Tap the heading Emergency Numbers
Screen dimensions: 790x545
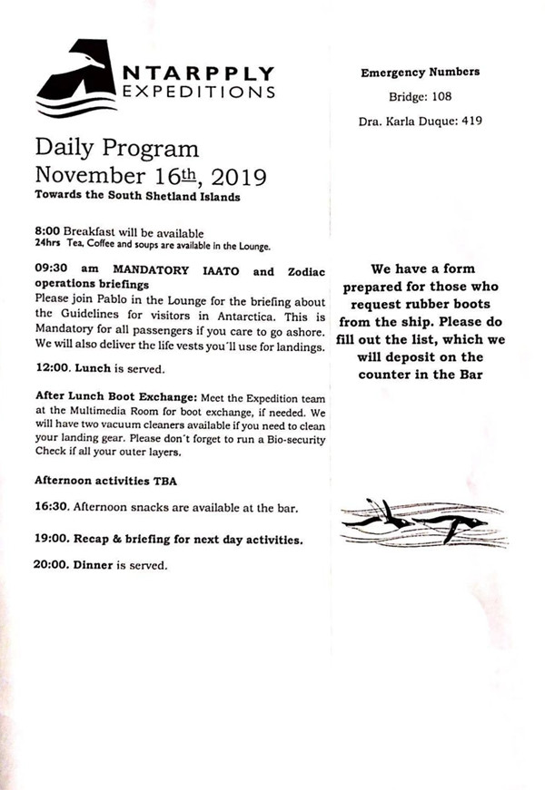click(x=421, y=73)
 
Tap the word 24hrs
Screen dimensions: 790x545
click(x=46, y=244)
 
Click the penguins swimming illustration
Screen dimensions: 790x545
click(x=422, y=522)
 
